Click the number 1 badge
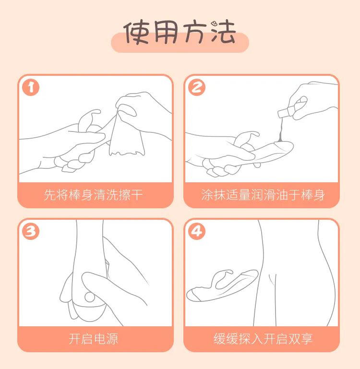[x=31, y=87]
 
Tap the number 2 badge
[x=197, y=87]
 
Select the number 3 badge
[x=31, y=231]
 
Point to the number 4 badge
[x=197, y=231]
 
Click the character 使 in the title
[x=136, y=33]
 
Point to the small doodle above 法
[x=214, y=24]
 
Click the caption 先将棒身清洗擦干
[x=93, y=195]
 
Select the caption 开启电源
[x=93, y=339]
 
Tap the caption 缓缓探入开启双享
[x=263, y=339]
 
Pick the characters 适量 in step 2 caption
[x=238, y=195]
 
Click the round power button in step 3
[x=90, y=297]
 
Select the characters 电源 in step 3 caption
[x=106, y=339]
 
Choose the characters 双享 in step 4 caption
[x=300, y=339]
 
